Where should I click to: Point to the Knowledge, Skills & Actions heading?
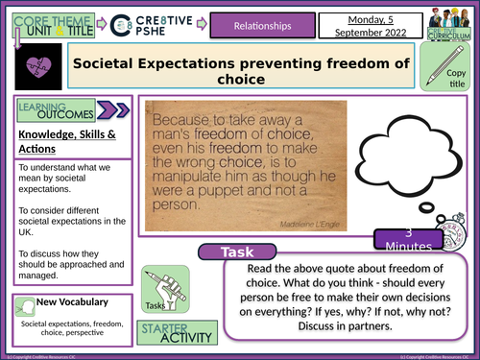[x=63, y=141]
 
